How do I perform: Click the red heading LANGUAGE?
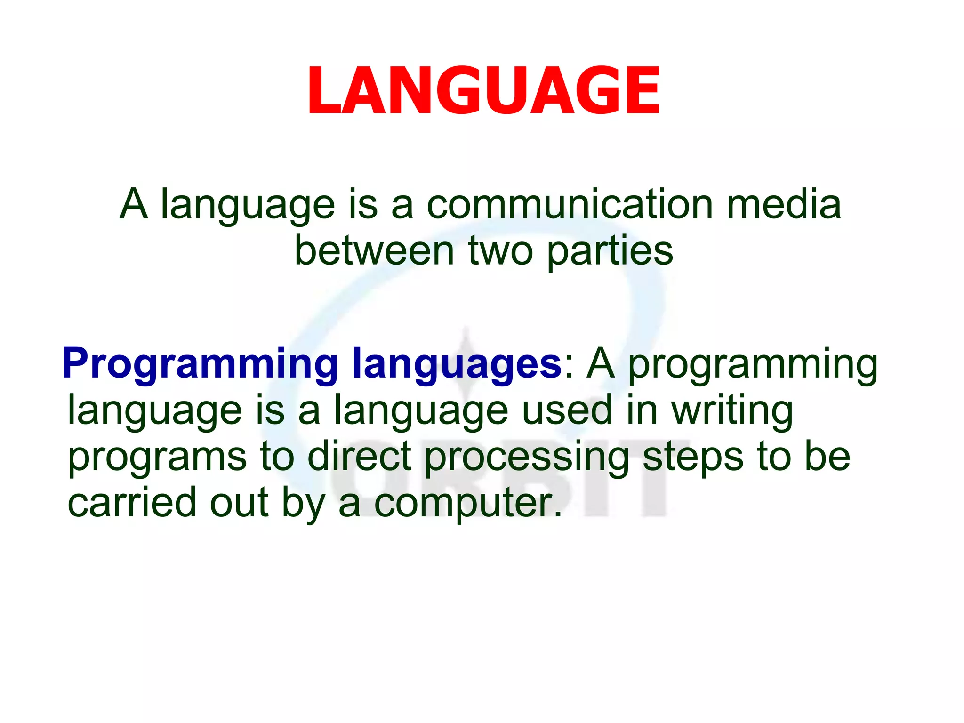coord(483,90)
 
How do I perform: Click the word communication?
coord(570,204)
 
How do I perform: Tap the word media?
coord(783,204)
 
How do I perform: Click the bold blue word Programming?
coord(200,364)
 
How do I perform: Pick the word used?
coord(567,410)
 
